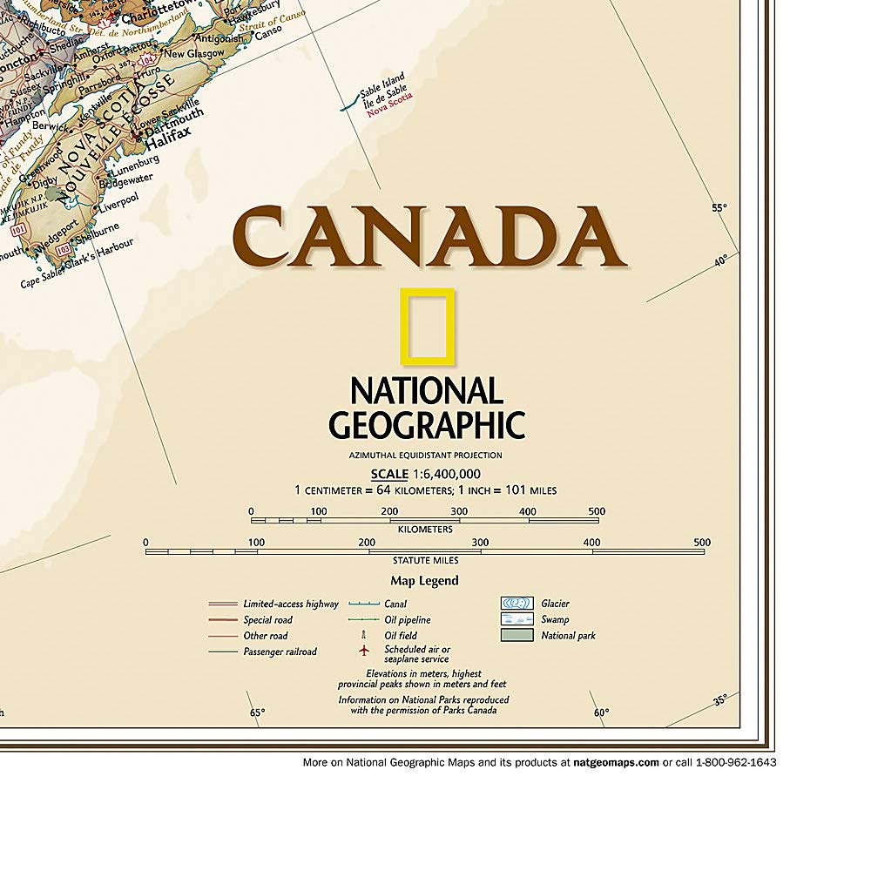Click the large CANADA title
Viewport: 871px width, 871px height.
(x=429, y=238)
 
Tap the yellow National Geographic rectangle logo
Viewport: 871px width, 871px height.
(x=427, y=325)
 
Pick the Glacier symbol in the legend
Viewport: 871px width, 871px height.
(x=517, y=603)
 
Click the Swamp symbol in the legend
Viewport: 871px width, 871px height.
(x=517, y=619)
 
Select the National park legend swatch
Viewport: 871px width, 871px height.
(x=517, y=636)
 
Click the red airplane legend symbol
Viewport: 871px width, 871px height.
(x=364, y=651)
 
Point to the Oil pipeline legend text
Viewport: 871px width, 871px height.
(x=408, y=620)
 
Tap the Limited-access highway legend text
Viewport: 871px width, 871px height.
(x=291, y=604)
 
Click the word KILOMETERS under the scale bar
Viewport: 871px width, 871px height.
(x=425, y=530)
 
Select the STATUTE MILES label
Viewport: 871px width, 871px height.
(x=425, y=560)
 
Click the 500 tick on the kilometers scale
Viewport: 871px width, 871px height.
(x=597, y=511)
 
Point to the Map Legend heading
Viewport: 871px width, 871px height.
(x=425, y=581)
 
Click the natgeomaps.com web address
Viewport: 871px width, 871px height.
(x=616, y=762)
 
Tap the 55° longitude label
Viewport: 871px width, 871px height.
(x=719, y=208)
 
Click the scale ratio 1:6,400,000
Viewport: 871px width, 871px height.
(x=446, y=474)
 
